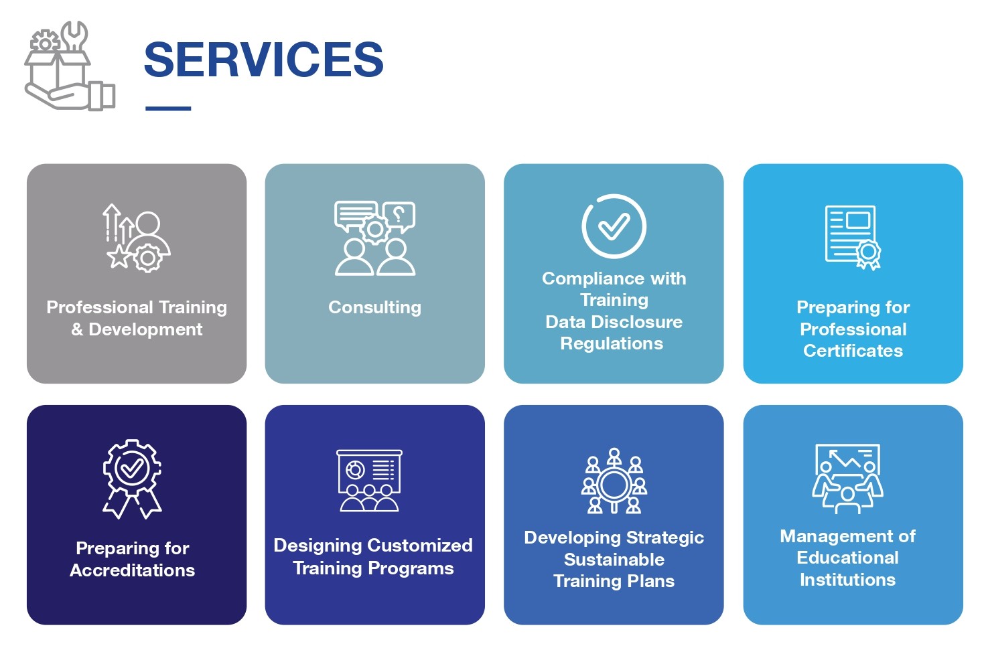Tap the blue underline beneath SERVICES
(x=168, y=108)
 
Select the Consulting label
(x=375, y=307)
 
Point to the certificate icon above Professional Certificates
(x=853, y=238)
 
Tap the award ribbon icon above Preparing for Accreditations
(x=133, y=479)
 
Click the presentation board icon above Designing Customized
(x=369, y=480)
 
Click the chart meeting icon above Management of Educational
(x=847, y=479)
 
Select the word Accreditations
(x=133, y=570)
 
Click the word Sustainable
(x=614, y=560)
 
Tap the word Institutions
(x=848, y=580)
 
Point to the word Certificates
(x=853, y=350)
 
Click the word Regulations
(x=612, y=343)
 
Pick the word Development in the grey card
(x=145, y=329)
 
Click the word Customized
(x=420, y=546)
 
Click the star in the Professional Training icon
(x=118, y=256)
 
